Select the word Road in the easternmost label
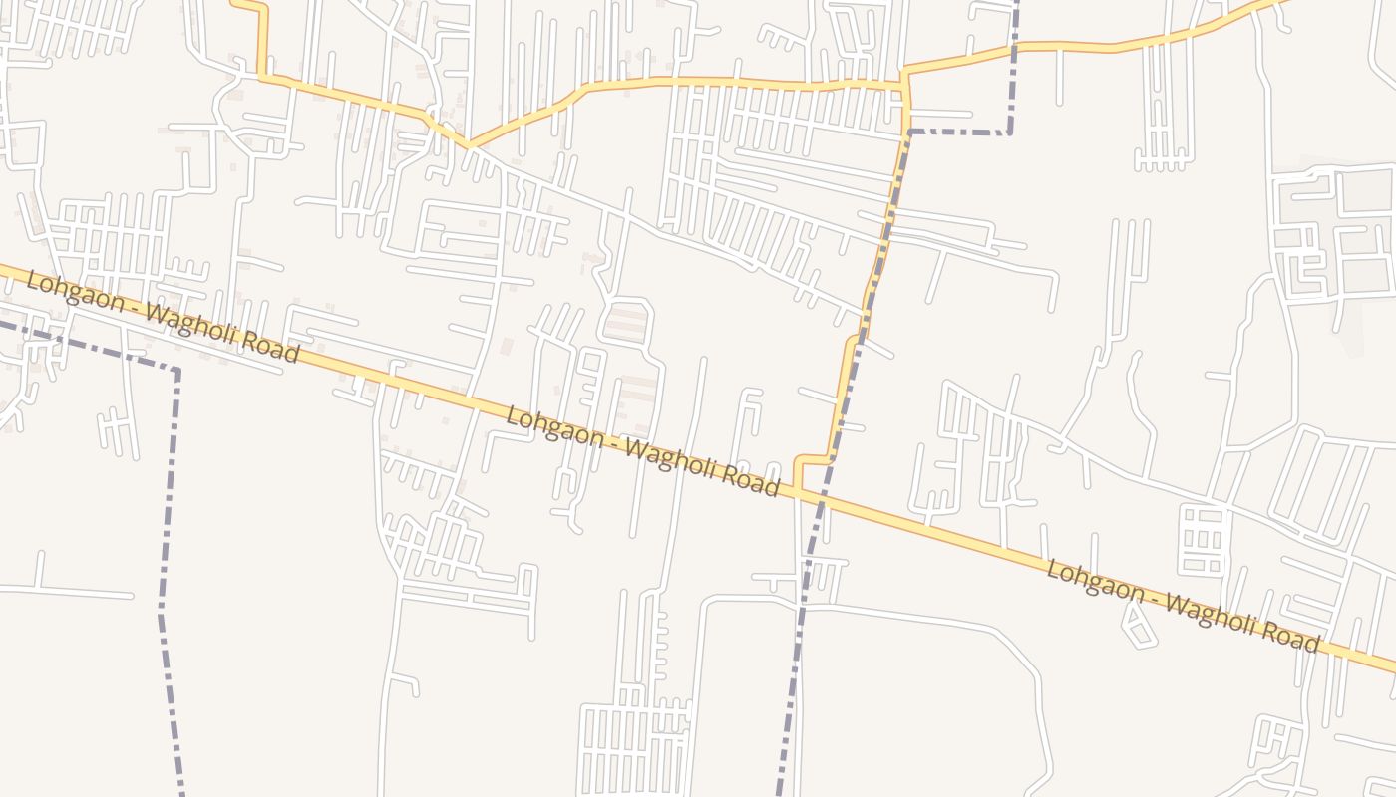pyautogui.click(x=1289, y=636)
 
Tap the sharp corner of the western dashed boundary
pyautogui.click(x=177, y=371)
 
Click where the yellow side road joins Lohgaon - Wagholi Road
pyautogui.click(x=799, y=489)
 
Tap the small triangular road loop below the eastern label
pyautogui.click(x=1137, y=626)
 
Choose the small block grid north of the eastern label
pyautogui.click(x=1203, y=539)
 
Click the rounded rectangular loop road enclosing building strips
pyautogui.click(x=626, y=321)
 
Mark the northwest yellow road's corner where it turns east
pyautogui.click(x=262, y=76)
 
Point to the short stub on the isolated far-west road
pyautogui.click(x=39, y=570)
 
